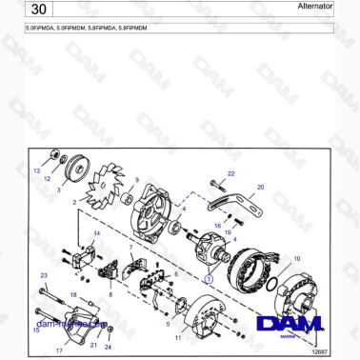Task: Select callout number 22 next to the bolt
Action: point(230,172)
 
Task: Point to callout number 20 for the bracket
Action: point(261,188)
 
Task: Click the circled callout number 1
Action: point(209,280)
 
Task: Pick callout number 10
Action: point(296,258)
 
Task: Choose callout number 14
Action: point(95,232)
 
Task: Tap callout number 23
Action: point(43,275)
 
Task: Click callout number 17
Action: point(59,351)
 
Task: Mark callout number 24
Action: point(108,348)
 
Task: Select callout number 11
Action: point(177,338)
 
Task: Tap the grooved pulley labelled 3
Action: point(71,171)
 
